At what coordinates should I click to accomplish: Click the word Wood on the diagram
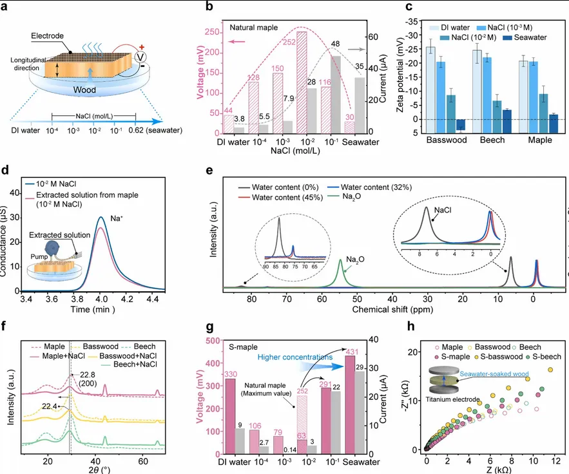(84, 90)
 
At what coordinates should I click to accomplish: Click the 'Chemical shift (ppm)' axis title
(391, 310)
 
